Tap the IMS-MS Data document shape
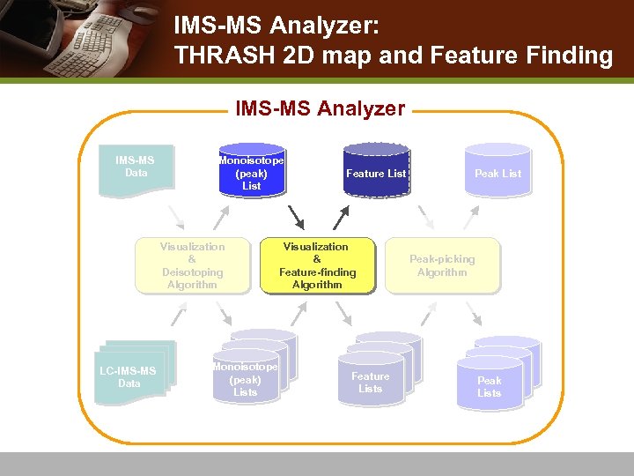tap(136, 167)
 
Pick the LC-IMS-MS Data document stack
tap(132, 374)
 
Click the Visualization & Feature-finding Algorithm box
tap(317, 265)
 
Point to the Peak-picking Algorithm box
tap(442, 265)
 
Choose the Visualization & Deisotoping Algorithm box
tap(192, 265)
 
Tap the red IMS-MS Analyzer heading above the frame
tap(320, 109)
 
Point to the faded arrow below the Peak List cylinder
tap(426, 217)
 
